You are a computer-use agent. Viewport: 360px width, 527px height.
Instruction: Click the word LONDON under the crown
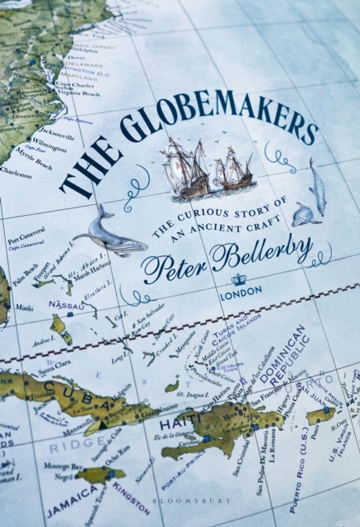[241, 291]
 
